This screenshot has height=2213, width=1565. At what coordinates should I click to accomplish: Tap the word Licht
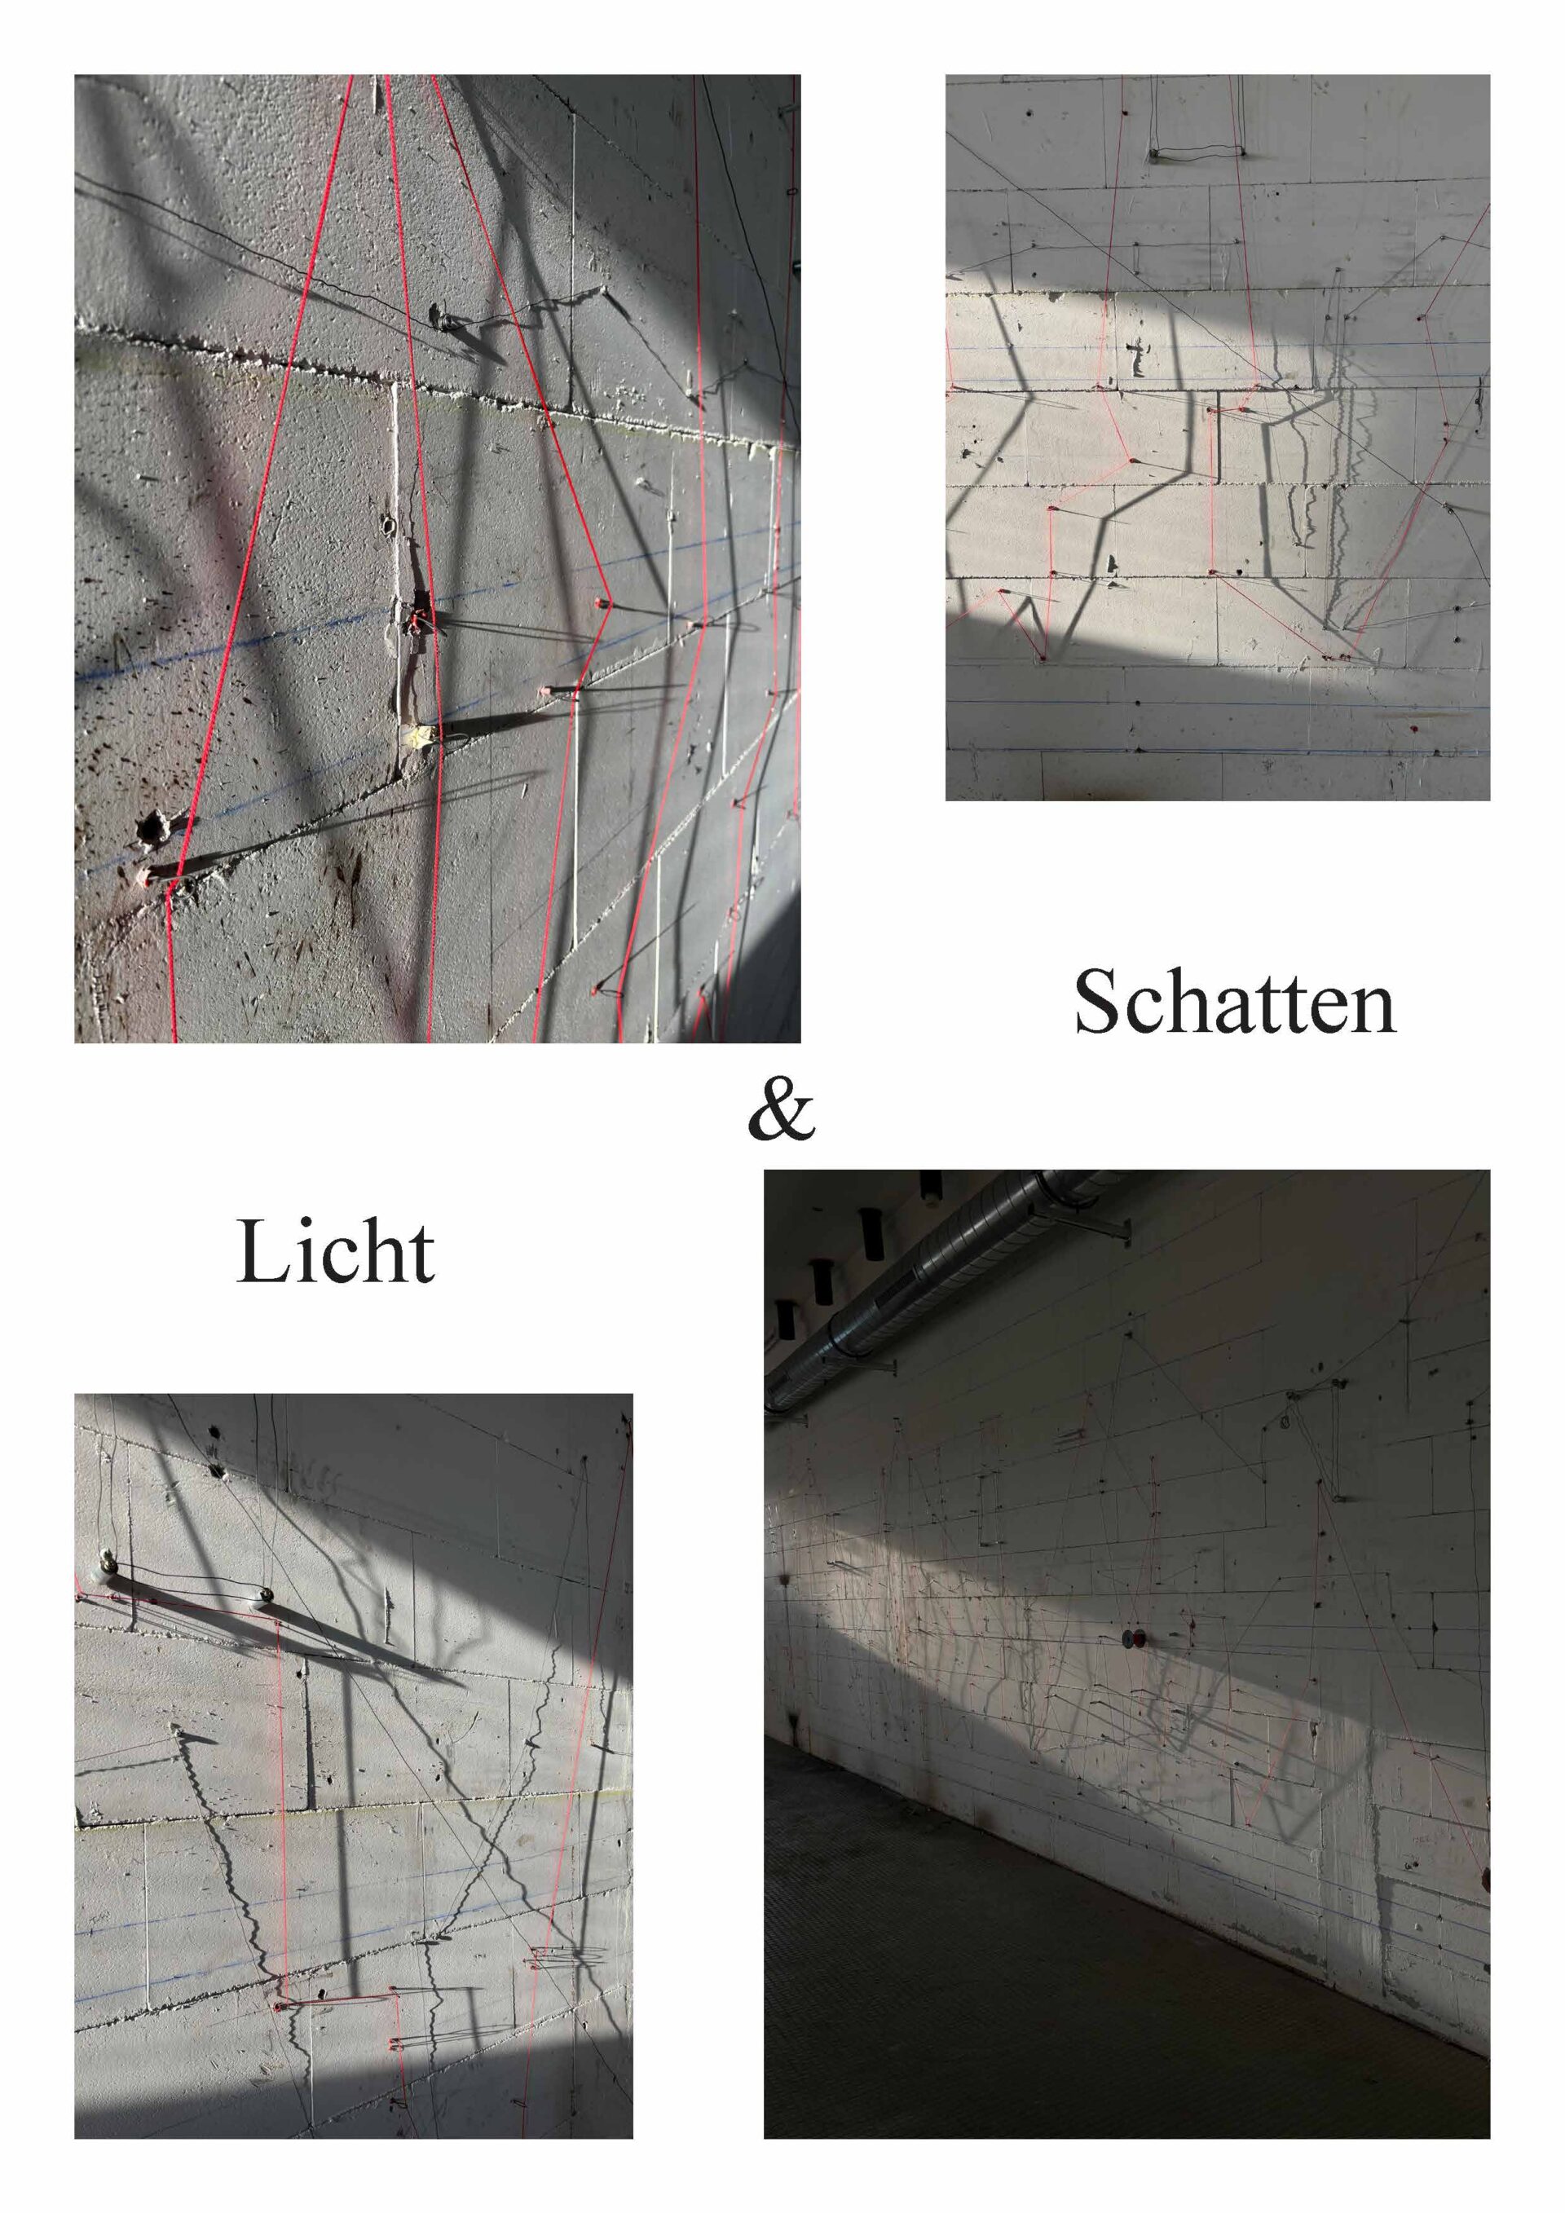tap(334, 1251)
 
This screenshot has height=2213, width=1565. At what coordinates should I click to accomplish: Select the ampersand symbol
tap(782, 1110)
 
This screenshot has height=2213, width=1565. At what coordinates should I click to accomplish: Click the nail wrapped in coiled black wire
tap(438, 313)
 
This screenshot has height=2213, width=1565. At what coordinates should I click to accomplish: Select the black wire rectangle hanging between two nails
tap(1198, 149)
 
